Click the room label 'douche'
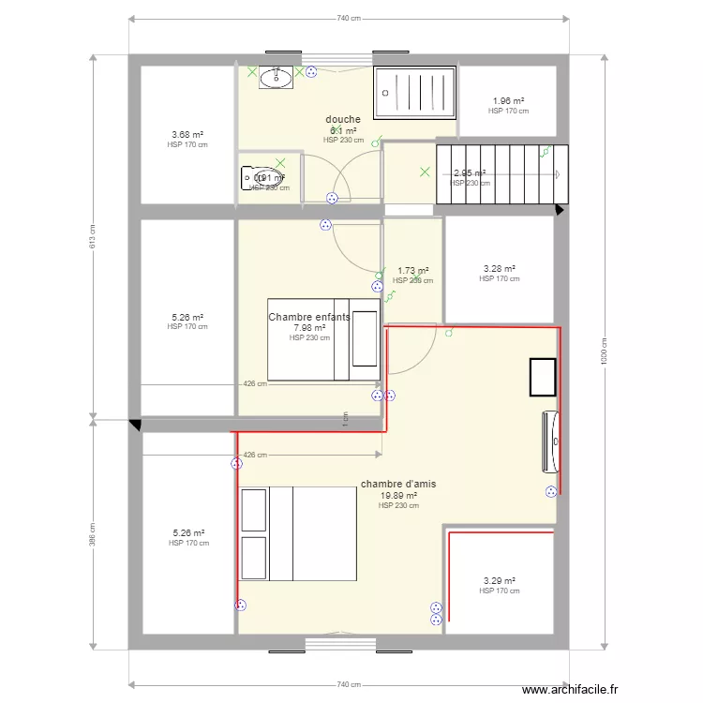tap(343, 119)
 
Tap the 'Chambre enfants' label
tap(309, 317)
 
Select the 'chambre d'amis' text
tap(397, 485)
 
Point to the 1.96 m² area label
tap(508, 101)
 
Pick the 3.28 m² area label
tap(499, 269)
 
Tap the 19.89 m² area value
tap(398, 496)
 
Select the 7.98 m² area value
tap(309, 328)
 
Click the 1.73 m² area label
tap(412, 270)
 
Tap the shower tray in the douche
tap(414, 92)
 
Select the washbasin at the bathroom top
tap(276, 77)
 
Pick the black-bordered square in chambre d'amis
tap(543, 377)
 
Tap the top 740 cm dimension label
tap(349, 18)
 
